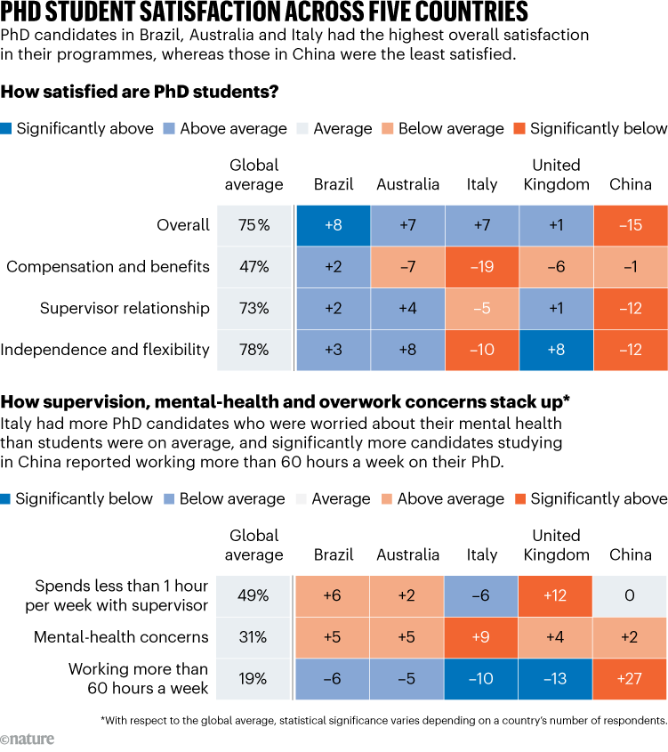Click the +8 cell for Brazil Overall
pos(333,225)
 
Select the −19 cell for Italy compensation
pos(482,267)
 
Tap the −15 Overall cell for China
pos(630,225)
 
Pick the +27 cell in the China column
pos(630,679)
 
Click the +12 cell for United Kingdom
pos(556,595)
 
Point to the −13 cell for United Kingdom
pos(556,679)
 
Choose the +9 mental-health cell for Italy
pos(482,637)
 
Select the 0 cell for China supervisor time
pos(630,595)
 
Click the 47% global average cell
pos(254,267)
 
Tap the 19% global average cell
pos(254,679)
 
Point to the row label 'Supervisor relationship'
pos(125,309)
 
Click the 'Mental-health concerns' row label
pos(121,637)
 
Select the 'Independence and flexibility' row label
pos(105,351)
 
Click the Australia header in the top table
pos(407,185)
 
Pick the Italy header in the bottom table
pos(482,555)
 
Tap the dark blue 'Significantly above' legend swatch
pos(7,129)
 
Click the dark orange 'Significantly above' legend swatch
pos(520,499)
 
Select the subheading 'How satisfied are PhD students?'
pos(141,91)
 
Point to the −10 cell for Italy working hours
pos(482,679)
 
